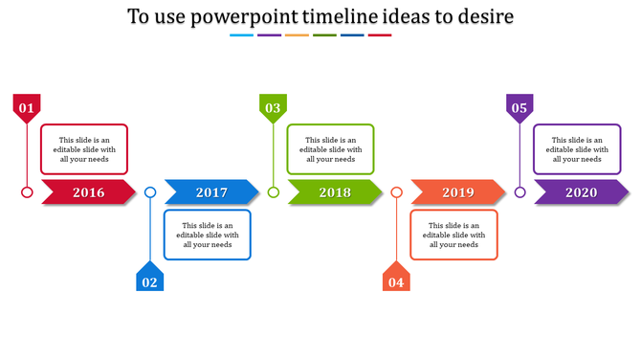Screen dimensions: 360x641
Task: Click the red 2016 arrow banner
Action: (x=88, y=192)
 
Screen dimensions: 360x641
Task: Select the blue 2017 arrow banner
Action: (x=211, y=192)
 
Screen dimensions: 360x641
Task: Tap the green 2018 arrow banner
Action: (x=335, y=192)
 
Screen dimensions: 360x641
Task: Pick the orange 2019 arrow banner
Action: (x=458, y=192)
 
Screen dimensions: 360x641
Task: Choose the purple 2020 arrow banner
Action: (x=581, y=192)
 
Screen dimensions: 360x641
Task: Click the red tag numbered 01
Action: (x=27, y=108)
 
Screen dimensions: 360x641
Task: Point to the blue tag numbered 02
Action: (x=150, y=279)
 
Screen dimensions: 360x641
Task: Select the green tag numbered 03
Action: (x=274, y=108)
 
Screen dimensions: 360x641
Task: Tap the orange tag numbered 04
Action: (x=396, y=279)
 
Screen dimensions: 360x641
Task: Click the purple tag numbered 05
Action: (x=519, y=108)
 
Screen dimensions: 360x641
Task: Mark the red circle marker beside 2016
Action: (x=27, y=192)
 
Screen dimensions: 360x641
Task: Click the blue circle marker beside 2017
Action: (x=150, y=192)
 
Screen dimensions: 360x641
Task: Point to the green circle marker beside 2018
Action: (x=274, y=192)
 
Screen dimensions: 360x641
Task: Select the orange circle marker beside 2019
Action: (x=396, y=192)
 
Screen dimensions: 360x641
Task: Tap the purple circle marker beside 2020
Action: (x=519, y=192)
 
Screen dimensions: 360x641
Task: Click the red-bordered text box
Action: (x=84, y=149)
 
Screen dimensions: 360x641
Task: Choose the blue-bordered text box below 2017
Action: (x=208, y=235)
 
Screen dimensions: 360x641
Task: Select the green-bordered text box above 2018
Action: (x=331, y=149)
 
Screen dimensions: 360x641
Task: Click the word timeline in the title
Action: (x=359, y=17)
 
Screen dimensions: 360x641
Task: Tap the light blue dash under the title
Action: (x=242, y=35)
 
